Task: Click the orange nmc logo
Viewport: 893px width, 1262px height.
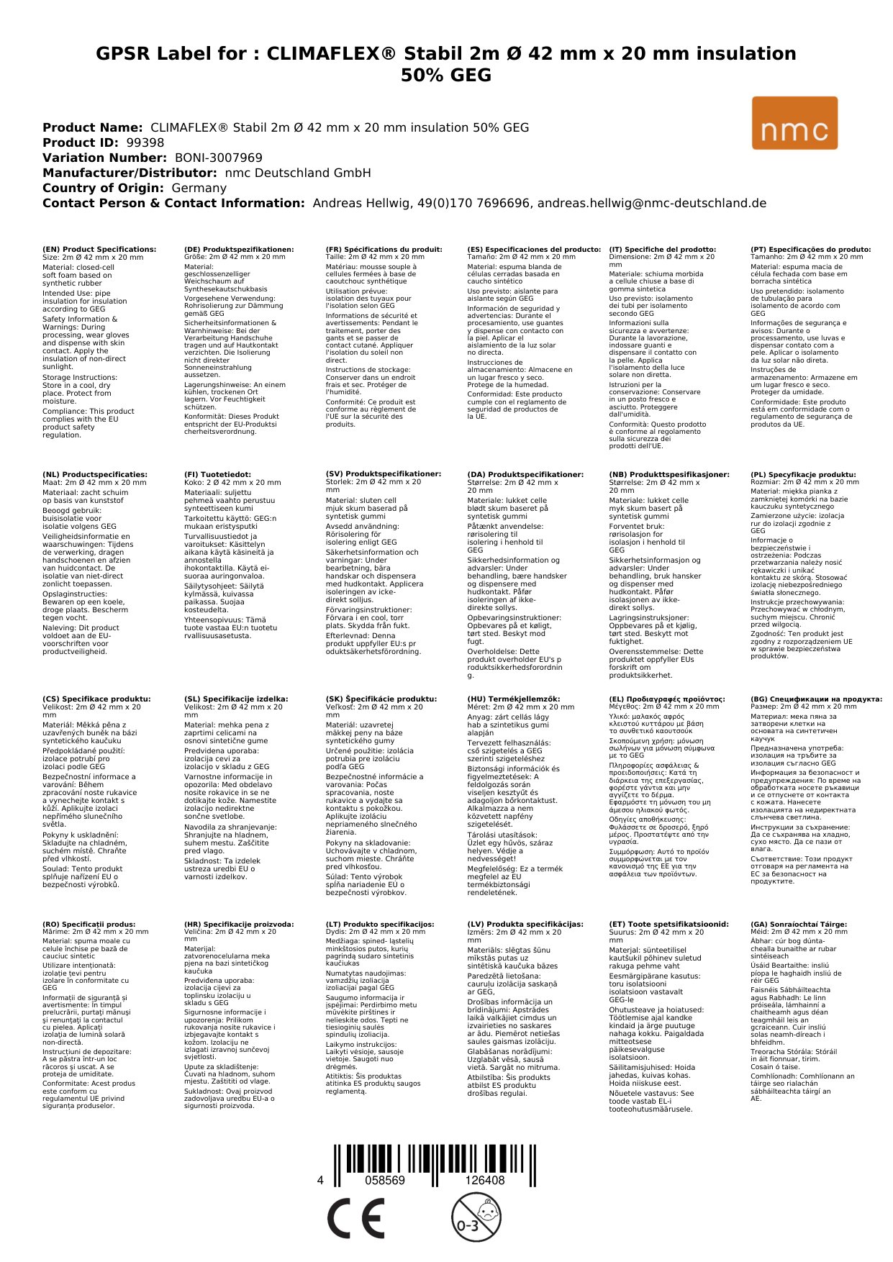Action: (794, 123)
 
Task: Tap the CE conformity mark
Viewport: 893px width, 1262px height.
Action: (355, 1219)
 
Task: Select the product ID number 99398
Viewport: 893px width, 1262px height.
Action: (145, 143)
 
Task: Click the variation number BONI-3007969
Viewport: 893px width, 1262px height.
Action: (219, 158)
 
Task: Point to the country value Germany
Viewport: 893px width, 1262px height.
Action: (199, 189)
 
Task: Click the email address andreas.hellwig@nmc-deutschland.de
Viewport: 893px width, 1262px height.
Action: (652, 204)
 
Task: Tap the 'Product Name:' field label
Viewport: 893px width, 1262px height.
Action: (92, 128)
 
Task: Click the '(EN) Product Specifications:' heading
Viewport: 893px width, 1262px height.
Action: (99, 250)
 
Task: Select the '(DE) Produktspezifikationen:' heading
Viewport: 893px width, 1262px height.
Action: (239, 250)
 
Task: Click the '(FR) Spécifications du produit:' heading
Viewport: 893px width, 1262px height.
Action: (384, 250)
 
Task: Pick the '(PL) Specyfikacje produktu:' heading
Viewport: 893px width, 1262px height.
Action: (803, 475)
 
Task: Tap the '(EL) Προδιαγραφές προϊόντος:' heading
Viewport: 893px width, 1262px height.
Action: (667, 699)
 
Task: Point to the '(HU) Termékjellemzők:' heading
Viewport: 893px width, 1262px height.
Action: (513, 699)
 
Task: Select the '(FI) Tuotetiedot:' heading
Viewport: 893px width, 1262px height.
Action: (217, 475)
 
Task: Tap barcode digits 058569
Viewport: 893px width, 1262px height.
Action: (385, 1181)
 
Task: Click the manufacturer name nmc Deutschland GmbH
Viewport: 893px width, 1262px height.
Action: (298, 173)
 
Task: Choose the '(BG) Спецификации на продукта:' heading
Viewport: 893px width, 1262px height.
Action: (816, 699)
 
